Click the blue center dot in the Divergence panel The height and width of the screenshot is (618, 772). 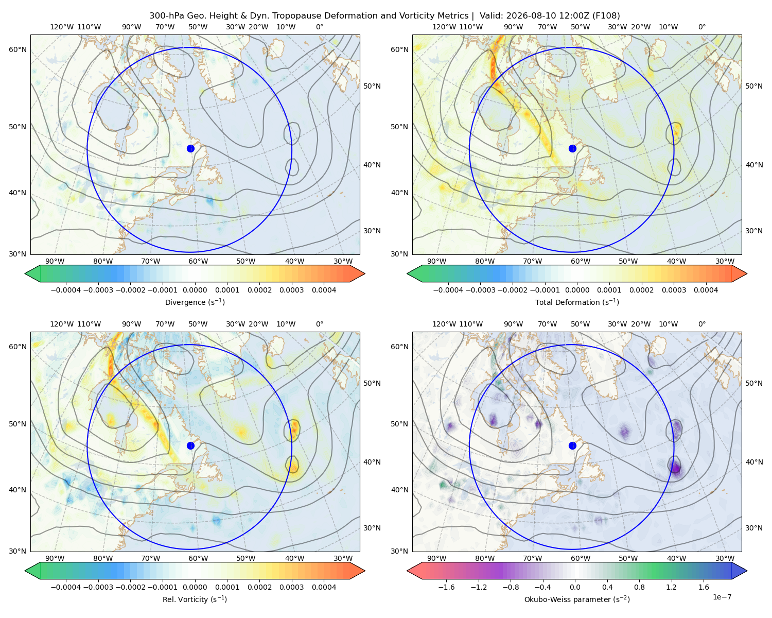190,149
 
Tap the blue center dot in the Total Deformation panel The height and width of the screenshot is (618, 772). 572,149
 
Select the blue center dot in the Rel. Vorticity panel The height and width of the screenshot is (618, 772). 190,445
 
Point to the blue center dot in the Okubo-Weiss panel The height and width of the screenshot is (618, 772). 572,445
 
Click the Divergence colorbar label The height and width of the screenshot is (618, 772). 195,302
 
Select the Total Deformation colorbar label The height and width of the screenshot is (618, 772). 577,302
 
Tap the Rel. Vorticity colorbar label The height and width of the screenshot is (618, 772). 195,599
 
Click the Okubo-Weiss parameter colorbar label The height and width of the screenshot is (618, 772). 577,599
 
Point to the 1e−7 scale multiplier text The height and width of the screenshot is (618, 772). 722,597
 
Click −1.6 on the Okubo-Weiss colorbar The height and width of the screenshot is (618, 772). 446,587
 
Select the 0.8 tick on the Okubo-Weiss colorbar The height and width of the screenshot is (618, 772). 639,587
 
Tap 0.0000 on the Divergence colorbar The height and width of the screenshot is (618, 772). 195,290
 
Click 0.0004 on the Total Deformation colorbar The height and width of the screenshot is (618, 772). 706,290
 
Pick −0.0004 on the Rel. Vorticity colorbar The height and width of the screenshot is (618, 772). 66,587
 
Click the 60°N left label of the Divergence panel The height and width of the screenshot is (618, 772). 17,49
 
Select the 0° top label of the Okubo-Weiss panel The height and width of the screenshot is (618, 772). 701,324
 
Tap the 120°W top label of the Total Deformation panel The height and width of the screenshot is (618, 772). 444,27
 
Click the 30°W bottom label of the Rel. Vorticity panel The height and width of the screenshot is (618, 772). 343,558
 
